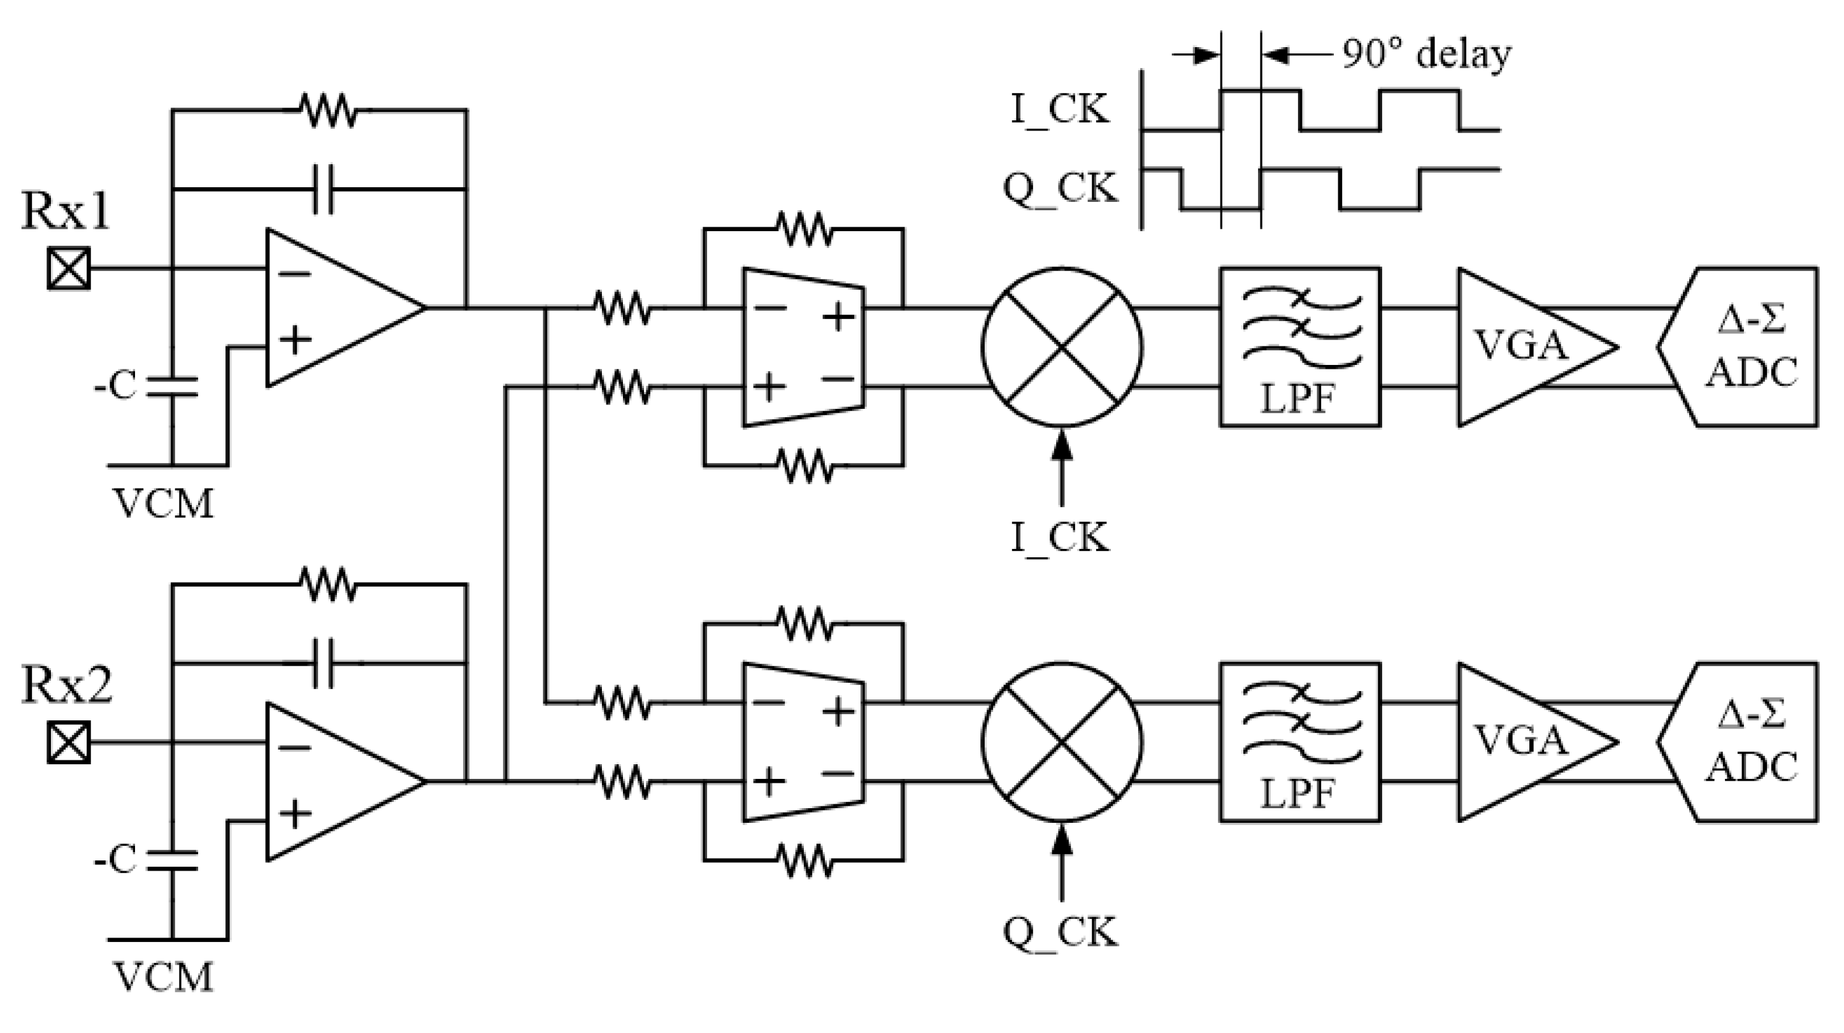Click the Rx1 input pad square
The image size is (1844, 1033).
tap(69, 269)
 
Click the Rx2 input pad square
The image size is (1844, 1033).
tap(69, 742)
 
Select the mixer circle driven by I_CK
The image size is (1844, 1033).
tap(1062, 347)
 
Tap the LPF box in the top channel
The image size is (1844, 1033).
tap(1299, 347)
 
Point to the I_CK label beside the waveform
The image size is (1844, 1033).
tap(1059, 110)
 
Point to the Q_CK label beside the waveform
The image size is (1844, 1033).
tap(1059, 189)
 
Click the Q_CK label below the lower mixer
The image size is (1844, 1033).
tap(1059, 932)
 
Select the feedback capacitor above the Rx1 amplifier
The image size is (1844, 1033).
tap(324, 189)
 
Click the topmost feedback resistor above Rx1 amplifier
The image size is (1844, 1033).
tap(327, 110)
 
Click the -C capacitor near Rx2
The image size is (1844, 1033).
tap(172, 860)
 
